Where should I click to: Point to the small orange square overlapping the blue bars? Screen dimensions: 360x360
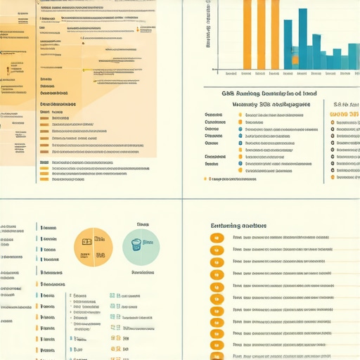[x=295, y=60]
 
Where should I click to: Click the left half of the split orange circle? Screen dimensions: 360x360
[x=84, y=248]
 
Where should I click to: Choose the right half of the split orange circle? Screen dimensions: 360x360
[x=103, y=248]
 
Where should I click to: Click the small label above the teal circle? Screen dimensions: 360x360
[x=143, y=225]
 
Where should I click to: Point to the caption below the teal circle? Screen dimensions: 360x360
[x=143, y=271]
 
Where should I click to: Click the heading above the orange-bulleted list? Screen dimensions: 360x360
[x=238, y=226]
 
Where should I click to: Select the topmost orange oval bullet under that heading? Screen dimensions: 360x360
[x=217, y=237]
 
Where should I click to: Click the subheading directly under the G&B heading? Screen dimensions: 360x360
[x=271, y=103]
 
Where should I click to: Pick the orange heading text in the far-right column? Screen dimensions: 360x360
[x=345, y=113]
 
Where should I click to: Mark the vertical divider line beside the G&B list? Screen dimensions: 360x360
[x=324, y=141]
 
